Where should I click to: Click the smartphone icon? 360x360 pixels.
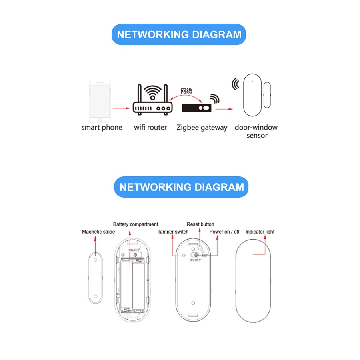point(100,102)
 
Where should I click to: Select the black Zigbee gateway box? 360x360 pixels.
point(197,108)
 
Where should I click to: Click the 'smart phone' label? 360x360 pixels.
point(102,128)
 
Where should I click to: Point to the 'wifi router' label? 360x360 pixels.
point(150,128)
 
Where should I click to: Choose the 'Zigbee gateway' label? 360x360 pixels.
point(202,128)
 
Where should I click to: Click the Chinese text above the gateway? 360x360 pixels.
point(186,91)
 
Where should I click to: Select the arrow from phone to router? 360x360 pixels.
point(122,108)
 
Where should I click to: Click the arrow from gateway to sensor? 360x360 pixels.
point(224,108)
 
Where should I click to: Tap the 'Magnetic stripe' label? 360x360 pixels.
point(98,232)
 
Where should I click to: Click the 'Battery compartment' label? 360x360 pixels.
point(136,224)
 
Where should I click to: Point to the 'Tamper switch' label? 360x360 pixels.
point(173,232)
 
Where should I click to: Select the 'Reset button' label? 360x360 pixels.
point(200,224)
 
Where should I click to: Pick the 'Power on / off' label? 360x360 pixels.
point(224,232)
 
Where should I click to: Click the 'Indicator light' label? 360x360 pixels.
point(260,232)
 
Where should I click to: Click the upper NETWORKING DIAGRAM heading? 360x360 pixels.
point(179,34)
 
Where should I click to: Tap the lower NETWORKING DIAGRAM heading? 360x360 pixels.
point(182,187)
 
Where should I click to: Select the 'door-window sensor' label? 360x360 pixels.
point(256,131)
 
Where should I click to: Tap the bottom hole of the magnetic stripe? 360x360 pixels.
point(95,296)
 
